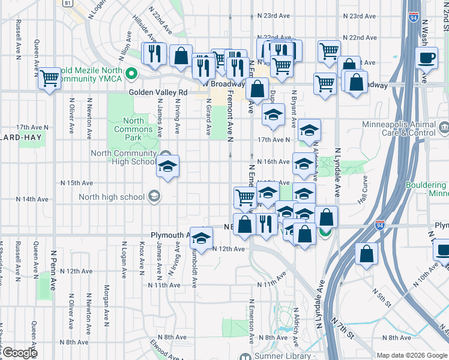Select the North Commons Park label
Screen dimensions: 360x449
coord(133,129)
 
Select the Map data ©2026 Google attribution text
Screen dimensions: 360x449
coord(411,355)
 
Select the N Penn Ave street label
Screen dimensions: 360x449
coord(53,271)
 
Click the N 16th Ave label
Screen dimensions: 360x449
coord(273,162)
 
